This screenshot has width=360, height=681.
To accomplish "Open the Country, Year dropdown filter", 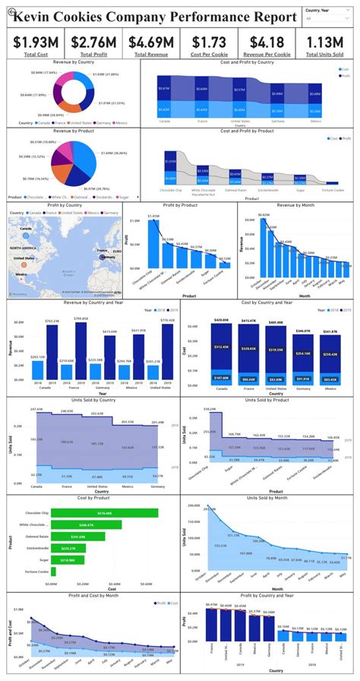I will coord(327,17).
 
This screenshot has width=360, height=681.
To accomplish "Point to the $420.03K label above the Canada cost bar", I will coord(221,320).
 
